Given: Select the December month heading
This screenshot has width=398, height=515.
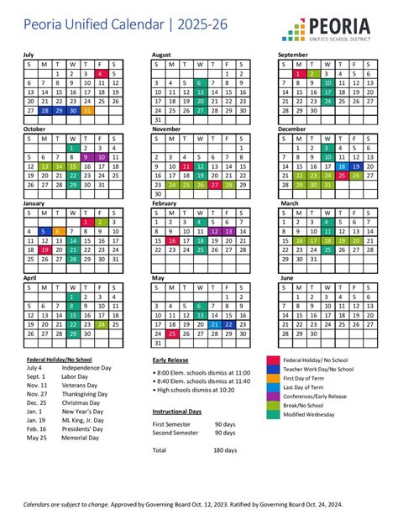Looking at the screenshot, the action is (x=292, y=129).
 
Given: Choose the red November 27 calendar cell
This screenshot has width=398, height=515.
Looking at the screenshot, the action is (x=213, y=184).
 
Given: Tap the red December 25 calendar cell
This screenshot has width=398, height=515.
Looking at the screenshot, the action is (x=341, y=176).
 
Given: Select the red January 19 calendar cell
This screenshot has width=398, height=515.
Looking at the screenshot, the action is (x=45, y=250).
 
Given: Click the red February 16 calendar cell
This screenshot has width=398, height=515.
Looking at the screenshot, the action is (x=171, y=240).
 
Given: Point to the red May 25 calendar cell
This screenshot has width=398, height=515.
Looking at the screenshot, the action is (x=171, y=333).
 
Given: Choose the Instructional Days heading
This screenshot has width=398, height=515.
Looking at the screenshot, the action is (x=176, y=412).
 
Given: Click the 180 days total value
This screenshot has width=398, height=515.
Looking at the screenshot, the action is (x=226, y=450).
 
